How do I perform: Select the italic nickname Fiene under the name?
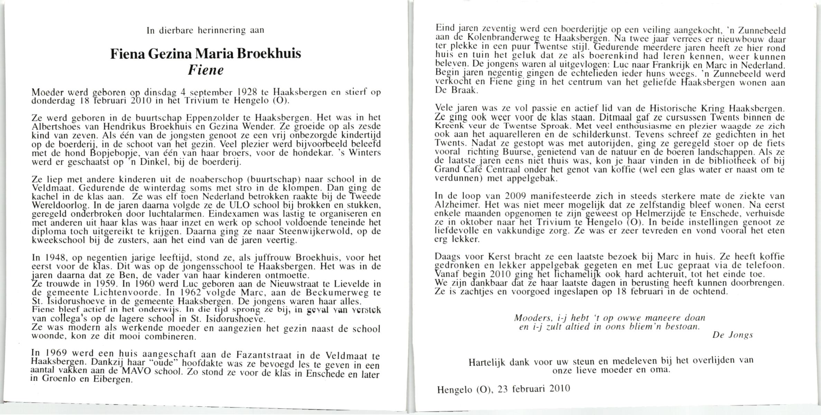[206, 71]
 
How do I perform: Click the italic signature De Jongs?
[732, 335]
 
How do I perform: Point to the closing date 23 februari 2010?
[534, 389]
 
